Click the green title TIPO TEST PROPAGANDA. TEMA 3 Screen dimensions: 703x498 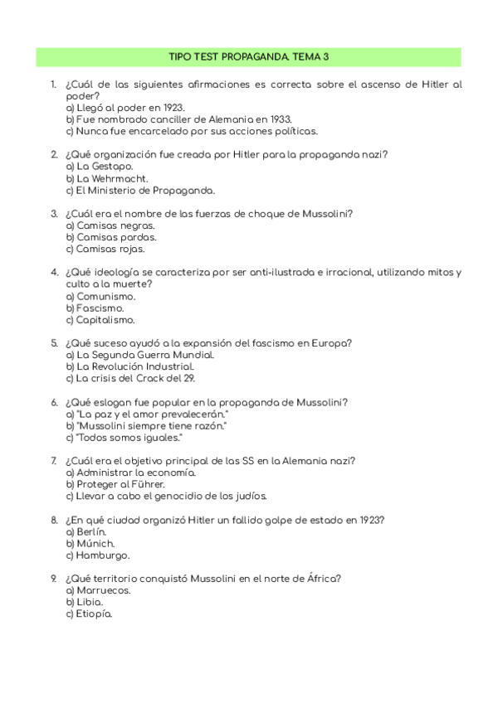pos(249,56)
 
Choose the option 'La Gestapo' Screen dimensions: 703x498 pos(99,167)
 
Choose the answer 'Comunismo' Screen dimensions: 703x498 pos(100,297)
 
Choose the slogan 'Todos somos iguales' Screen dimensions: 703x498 pos(124,438)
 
